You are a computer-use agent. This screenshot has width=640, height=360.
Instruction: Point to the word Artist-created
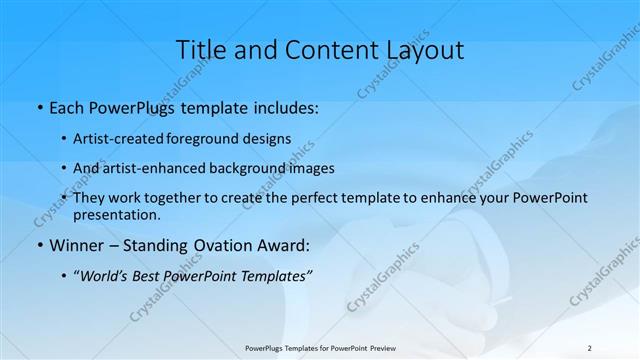(120, 138)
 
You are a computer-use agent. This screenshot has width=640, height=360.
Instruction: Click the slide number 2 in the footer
(588, 347)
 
